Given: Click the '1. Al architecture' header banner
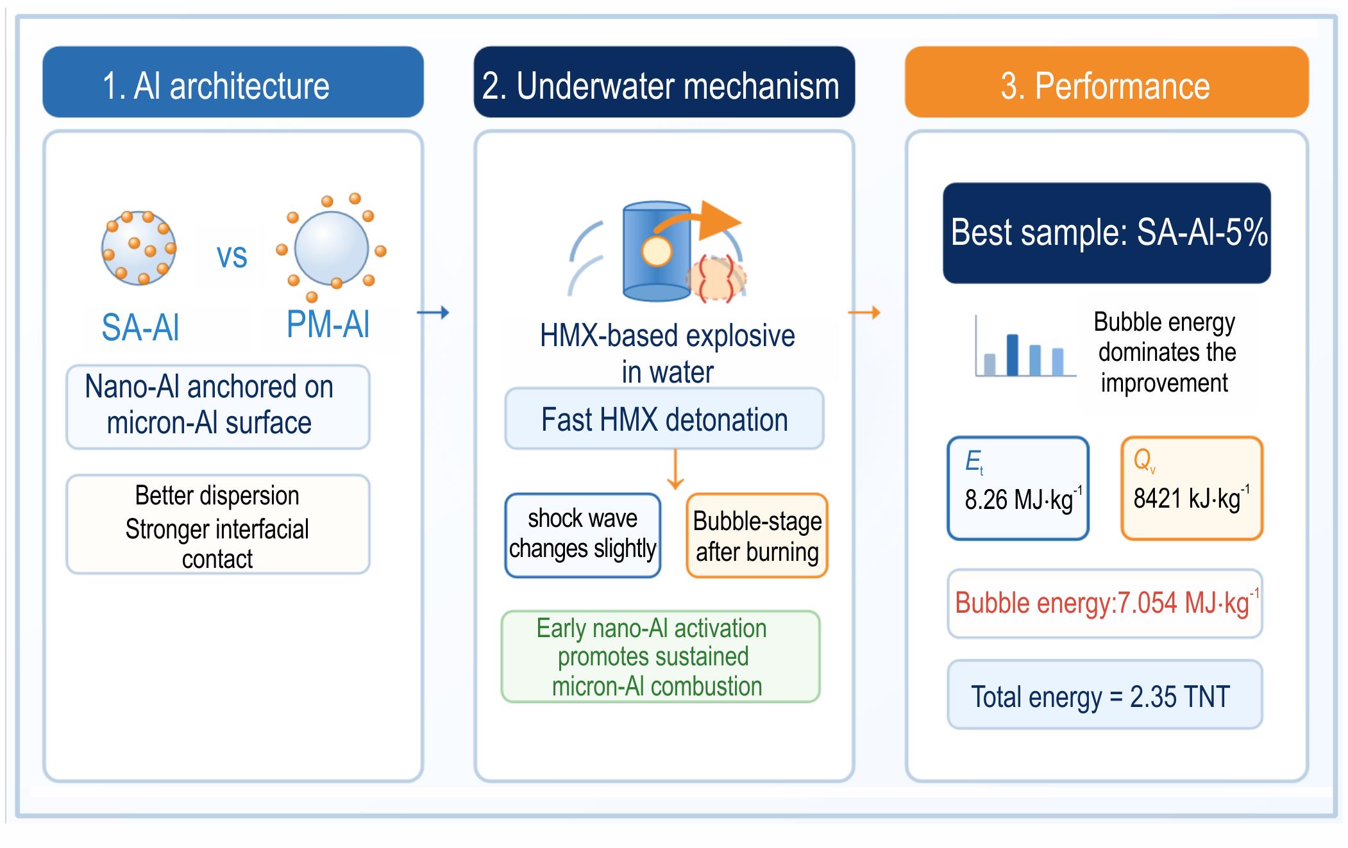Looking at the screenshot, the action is coord(233,82).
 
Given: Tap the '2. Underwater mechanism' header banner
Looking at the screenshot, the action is coord(664,82).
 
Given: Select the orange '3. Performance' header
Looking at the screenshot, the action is coord(1106,82).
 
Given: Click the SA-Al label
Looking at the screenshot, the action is coord(140,328).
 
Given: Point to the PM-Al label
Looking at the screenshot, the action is coord(328,324).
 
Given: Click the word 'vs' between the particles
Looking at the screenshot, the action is coord(232,256).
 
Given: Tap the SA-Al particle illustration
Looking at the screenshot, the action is coord(139,248).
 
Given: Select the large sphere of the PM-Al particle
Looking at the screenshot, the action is coord(332,248).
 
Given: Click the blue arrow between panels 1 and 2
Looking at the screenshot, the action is coord(433,313).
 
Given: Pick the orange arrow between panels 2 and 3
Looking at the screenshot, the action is coord(864,313).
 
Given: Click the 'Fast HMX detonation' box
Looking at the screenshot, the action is coord(664,419).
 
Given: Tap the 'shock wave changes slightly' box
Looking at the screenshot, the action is coord(583,535).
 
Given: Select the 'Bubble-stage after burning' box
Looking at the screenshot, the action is coord(757,535).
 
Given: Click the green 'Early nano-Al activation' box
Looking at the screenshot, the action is coord(661,656).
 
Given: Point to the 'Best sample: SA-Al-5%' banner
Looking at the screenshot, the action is coord(1107,233).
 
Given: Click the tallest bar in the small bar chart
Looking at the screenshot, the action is coord(1013,354).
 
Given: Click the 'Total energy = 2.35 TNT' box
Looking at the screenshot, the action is coord(1105,695).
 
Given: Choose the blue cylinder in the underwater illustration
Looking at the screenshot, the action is coord(657,252).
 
